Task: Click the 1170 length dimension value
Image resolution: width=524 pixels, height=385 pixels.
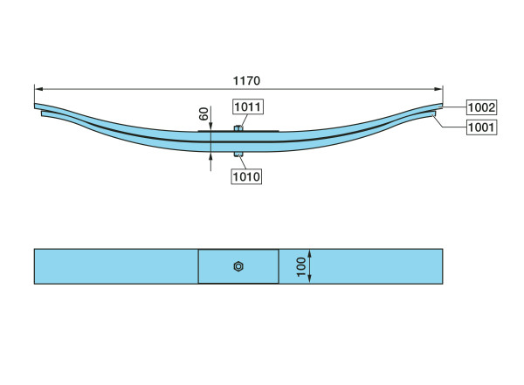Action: [x=246, y=80]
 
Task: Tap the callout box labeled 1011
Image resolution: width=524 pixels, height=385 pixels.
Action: [x=248, y=107]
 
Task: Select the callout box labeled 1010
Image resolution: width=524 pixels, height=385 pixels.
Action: [x=246, y=176]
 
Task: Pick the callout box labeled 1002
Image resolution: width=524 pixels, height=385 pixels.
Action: [x=481, y=107]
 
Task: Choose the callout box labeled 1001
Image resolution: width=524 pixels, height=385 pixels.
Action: [x=481, y=127]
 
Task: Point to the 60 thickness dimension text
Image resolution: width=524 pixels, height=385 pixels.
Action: [x=203, y=113]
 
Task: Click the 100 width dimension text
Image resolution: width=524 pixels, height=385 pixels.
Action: [x=301, y=267]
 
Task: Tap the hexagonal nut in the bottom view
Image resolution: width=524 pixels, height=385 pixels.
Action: [x=238, y=266]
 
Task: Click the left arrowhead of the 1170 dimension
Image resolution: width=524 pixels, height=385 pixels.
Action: [x=38, y=89]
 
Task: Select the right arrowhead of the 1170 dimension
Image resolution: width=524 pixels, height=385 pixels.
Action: [x=438, y=89]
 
